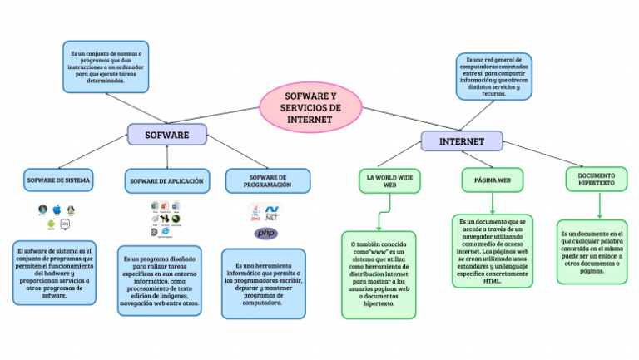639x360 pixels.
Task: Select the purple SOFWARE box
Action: (166, 134)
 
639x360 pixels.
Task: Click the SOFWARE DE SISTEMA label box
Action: (59, 180)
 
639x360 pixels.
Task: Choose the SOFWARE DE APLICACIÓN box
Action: (165, 180)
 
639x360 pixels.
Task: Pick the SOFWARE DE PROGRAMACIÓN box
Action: (267, 181)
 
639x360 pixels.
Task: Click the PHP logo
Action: (265, 234)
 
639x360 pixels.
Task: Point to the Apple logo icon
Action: (57, 210)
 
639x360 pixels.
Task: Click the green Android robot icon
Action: (50, 224)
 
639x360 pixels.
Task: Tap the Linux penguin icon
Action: (72, 210)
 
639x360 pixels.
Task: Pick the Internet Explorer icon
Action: (165, 232)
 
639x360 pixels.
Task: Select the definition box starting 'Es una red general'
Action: (493, 77)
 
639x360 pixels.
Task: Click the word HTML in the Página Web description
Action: (493, 280)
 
